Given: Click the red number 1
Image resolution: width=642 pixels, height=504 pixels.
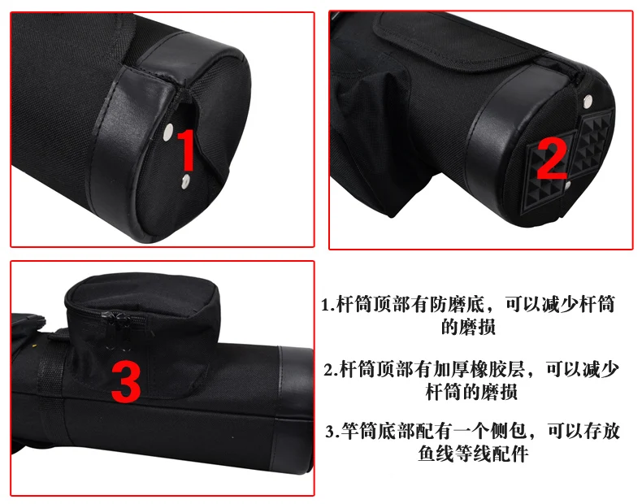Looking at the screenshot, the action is (x=187, y=150).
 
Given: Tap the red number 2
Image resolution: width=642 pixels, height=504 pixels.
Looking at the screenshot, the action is (x=552, y=159).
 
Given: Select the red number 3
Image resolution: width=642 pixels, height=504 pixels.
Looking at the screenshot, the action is (x=126, y=382).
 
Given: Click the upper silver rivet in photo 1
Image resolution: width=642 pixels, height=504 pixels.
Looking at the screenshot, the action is (x=168, y=133).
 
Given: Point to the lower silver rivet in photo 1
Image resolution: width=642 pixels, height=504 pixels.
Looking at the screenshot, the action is (x=186, y=181).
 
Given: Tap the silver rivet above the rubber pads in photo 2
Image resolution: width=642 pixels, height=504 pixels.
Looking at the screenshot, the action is (x=587, y=101).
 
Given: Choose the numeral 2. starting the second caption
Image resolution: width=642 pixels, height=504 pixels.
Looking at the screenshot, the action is (x=331, y=370).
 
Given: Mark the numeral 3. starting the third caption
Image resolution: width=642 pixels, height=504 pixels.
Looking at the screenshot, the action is (x=332, y=432).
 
